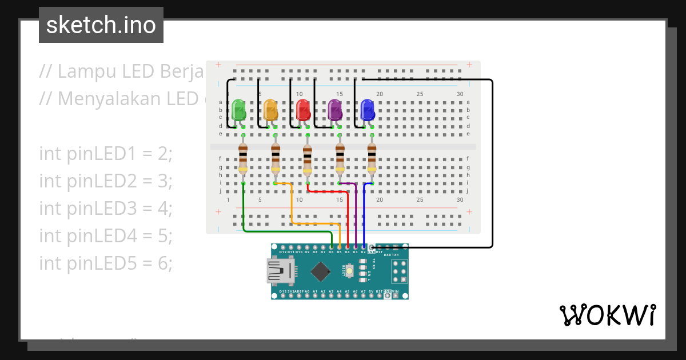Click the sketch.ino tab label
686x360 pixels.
pyautogui.click(x=101, y=25)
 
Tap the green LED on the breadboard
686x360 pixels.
pyautogui.click(x=238, y=109)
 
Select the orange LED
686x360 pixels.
pyautogui.click(x=270, y=109)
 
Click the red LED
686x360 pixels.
pyautogui.click(x=302, y=109)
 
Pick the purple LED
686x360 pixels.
pyautogui.click(x=334, y=109)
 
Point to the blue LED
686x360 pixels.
pyautogui.click(x=366, y=109)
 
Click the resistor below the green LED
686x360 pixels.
pyautogui.click(x=243, y=159)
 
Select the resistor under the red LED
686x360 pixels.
pyautogui.click(x=307, y=159)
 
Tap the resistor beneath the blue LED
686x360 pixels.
pyautogui.click(x=372, y=159)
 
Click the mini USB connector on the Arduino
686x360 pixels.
pyautogui.click(x=280, y=271)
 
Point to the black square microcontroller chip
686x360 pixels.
pyautogui.click(x=321, y=271)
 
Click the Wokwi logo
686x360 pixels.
pyautogui.click(x=607, y=315)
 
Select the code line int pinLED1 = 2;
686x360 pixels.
pyautogui.click(x=106, y=154)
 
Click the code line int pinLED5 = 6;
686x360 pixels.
pyautogui.click(x=106, y=263)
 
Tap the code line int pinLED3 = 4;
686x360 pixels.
pyautogui.click(x=106, y=208)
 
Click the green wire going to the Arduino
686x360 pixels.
pyautogui.click(x=286, y=231)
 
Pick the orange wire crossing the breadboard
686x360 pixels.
pyautogui.click(x=314, y=223)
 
